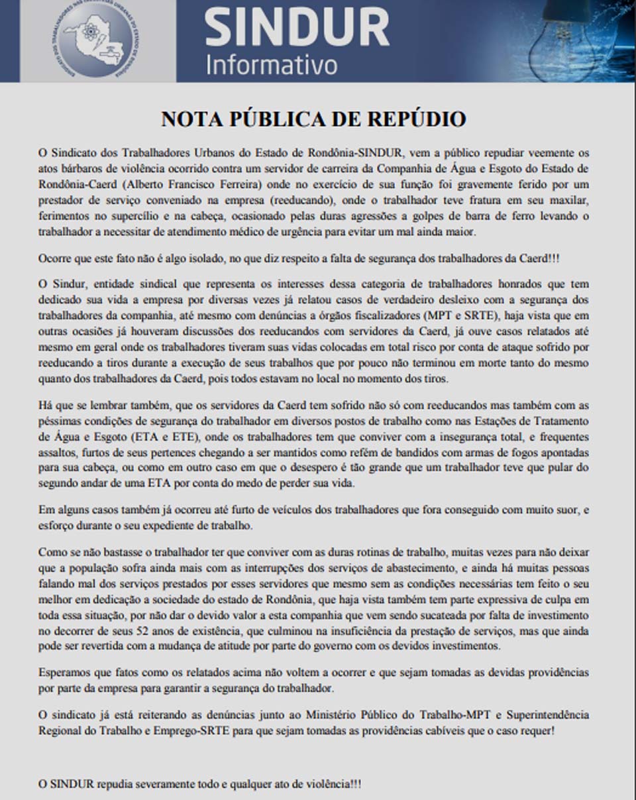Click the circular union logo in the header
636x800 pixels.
tap(97, 39)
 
